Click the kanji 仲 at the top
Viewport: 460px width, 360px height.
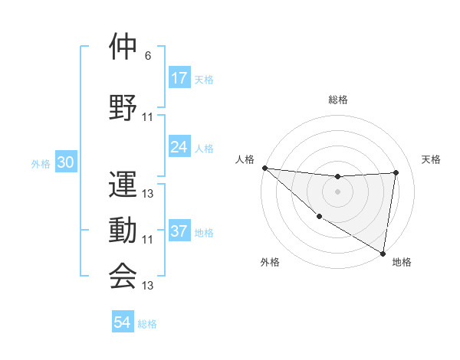coord(123,47)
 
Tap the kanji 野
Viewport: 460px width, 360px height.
coord(123,106)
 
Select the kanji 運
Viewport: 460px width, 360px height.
coord(123,184)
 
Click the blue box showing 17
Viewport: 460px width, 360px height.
coord(179,78)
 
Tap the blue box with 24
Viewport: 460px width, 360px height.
coord(179,147)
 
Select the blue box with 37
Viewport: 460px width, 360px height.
coord(179,232)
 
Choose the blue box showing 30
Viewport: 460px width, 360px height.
coord(65,163)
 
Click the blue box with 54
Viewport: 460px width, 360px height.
coord(123,323)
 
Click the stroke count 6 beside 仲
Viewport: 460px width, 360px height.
coord(148,56)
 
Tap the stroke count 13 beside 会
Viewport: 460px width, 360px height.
coord(148,286)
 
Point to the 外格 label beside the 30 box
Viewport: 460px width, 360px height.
coord(41,164)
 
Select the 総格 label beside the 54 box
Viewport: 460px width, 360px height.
coord(147,324)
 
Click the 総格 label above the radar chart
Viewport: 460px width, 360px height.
coord(337,100)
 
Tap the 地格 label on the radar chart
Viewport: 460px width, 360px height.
coord(402,263)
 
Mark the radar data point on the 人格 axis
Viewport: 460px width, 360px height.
coord(264,168)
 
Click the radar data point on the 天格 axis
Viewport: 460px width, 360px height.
coord(396,172)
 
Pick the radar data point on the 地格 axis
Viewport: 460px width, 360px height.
coord(383,252)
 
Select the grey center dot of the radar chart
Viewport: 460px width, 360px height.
coord(337,191)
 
